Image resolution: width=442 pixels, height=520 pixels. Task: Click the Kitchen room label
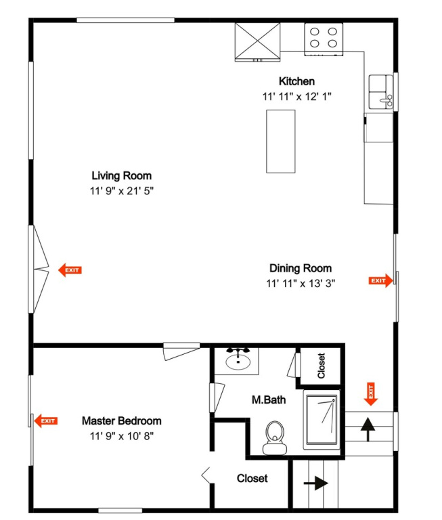click(x=296, y=81)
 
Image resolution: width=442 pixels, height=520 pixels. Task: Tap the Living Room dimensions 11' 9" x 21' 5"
click(x=122, y=191)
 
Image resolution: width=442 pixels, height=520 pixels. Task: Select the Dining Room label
click(x=301, y=268)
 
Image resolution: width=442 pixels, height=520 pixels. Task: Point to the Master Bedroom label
click(x=122, y=421)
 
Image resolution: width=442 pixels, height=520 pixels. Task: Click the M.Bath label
click(x=269, y=400)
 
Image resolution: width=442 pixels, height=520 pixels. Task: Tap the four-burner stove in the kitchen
click(x=324, y=39)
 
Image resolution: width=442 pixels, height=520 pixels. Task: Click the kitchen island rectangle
click(x=281, y=142)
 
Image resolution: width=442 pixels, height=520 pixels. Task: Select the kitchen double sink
click(x=381, y=92)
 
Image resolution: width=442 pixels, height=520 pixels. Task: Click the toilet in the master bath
click(x=275, y=438)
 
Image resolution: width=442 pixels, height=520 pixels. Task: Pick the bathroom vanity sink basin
click(x=238, y=362)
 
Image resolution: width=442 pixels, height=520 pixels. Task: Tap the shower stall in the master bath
click(x=322, y=420)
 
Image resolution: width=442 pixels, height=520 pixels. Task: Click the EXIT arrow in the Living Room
click(x=70, y=270)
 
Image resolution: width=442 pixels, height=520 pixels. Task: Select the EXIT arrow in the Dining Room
click(x=380, y=280)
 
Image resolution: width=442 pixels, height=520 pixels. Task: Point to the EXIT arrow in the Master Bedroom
click(x=46, y=421)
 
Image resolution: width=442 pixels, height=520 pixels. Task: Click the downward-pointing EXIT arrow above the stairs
click(x=371, y=394)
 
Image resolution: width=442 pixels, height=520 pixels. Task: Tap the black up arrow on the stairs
click(x=368, y=429)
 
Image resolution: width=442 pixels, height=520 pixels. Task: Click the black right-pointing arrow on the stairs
click(x=316, y=483)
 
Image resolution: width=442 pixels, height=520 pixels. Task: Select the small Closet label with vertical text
click(x=321, y=366)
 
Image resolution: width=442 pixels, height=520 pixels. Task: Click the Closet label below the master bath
click(x=252, y=479)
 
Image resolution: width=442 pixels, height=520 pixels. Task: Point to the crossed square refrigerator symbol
click(x=258, y=42)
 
